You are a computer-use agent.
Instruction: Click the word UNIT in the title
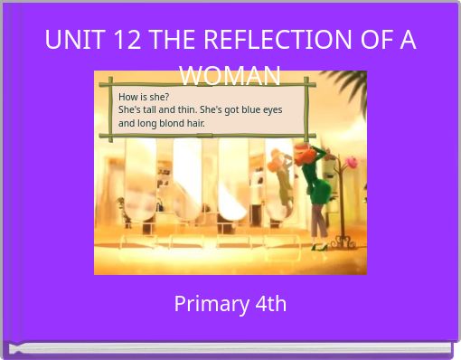72,40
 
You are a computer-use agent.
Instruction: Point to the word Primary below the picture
206,304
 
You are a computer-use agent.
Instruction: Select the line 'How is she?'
144,97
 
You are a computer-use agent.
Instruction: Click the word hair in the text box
195,123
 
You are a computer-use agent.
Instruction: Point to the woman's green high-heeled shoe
317,245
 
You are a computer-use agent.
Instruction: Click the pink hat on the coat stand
351,162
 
